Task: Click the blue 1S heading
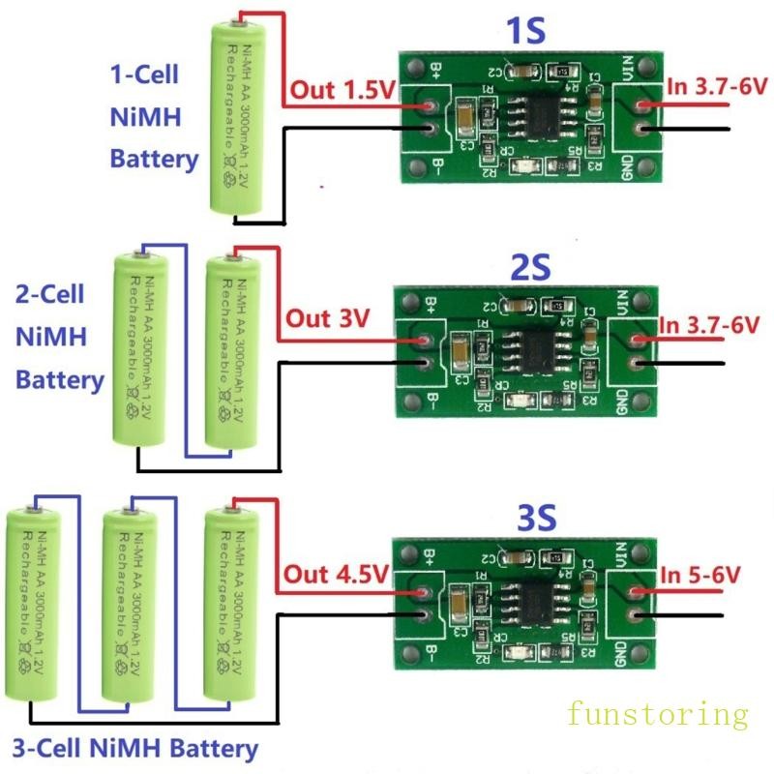(526, 30)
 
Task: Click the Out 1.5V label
(342, 91)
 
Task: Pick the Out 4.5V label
(335, 573)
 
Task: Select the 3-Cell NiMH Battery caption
(135, 748)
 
